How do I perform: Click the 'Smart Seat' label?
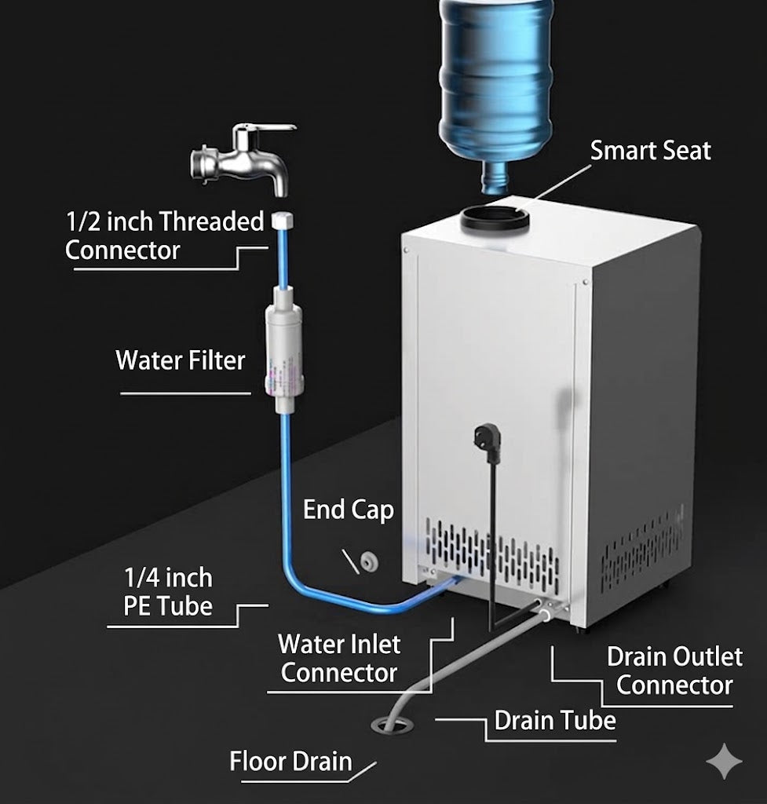650,151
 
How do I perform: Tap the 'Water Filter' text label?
180,360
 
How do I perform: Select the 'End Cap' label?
349,510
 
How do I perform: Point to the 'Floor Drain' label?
290,761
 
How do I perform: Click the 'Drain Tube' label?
555,721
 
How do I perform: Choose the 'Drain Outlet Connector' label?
674,671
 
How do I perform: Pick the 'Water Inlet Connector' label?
339,659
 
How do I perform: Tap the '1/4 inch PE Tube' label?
168,592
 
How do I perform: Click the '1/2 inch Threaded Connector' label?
164,236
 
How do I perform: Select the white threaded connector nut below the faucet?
282,221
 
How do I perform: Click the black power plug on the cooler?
487,442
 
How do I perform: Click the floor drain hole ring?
392,725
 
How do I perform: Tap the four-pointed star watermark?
724,762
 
